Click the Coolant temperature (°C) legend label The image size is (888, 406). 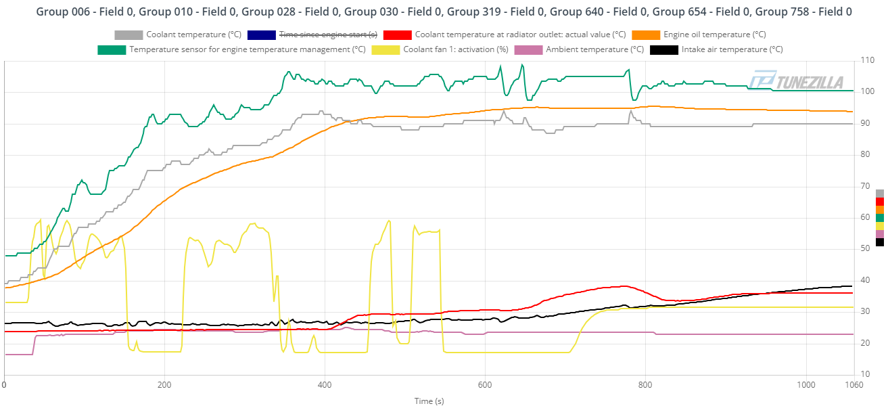point(193,35)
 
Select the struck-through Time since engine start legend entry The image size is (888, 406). point(327,35)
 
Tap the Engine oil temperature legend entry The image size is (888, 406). point(714,35)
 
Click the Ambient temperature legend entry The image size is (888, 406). point(594,49)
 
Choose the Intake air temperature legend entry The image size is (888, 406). point(732,49)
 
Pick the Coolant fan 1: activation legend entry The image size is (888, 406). point(455,49)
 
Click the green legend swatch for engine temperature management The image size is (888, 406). point(112,49)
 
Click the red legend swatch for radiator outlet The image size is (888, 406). point(397,35)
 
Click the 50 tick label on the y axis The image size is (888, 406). point(866,249)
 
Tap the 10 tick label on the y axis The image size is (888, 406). point(866,374)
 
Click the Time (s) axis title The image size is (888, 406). point(429,401)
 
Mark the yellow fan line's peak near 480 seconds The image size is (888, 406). point(389,220)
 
